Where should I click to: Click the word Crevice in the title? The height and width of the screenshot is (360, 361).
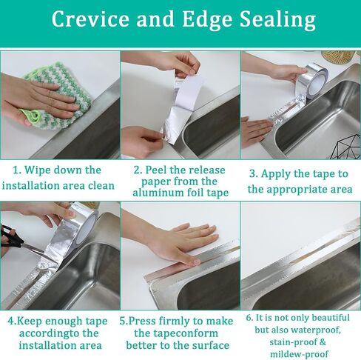[x=90, y=19]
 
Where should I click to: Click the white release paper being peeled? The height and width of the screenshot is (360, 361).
[x=187, y=93]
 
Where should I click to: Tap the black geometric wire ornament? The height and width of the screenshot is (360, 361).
[x=345, y=147]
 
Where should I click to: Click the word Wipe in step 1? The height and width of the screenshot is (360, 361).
[x=37, y=170]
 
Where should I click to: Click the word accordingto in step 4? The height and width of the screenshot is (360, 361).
[x=50, y=334]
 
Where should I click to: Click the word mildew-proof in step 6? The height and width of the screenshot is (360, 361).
[x=300, y=354]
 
